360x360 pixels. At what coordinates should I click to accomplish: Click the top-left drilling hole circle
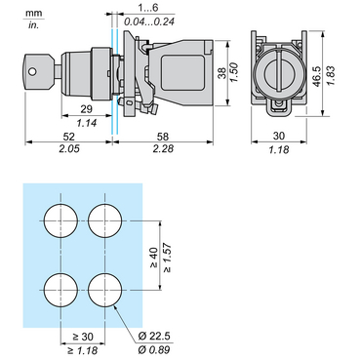pos(61,218)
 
